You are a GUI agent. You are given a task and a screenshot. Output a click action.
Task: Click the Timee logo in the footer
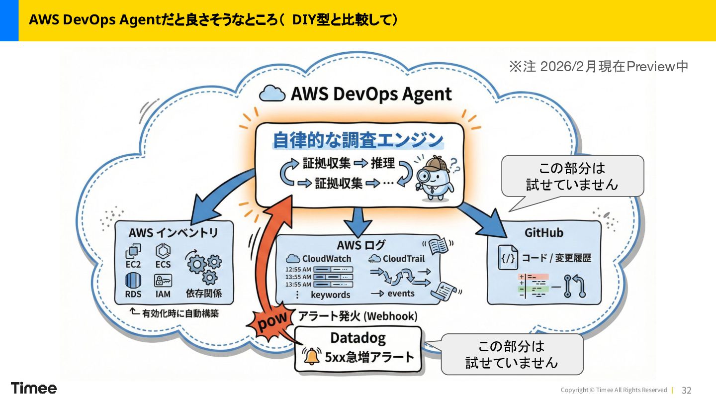[x=34, y=388]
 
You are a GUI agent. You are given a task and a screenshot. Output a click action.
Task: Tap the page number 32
[x=687, y=390]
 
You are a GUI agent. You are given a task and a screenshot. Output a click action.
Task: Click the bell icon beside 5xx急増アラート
[x=312, y=356]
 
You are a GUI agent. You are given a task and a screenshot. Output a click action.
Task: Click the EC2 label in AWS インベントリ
[x=133, y=264]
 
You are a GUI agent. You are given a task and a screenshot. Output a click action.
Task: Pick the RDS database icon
[x=133, y=280]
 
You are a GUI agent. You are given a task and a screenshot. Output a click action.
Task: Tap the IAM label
[x=163, y=294]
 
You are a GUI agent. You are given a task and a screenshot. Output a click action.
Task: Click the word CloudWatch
[x=327, y=259]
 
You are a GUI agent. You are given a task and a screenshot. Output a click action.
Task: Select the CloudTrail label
[x=403, y=259]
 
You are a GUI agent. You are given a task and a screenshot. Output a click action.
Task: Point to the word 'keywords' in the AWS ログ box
[x=330, y=295]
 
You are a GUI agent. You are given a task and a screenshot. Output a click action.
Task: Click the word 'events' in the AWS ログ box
[x=401, y=294]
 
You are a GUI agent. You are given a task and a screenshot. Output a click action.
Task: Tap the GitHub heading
[x=544, y=233]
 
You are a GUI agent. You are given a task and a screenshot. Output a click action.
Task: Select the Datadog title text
[x=358, y=338]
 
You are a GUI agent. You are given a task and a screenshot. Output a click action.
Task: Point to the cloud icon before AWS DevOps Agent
[x=272, y=94]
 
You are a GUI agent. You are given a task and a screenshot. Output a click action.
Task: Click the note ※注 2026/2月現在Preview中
[x=598, y=67]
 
